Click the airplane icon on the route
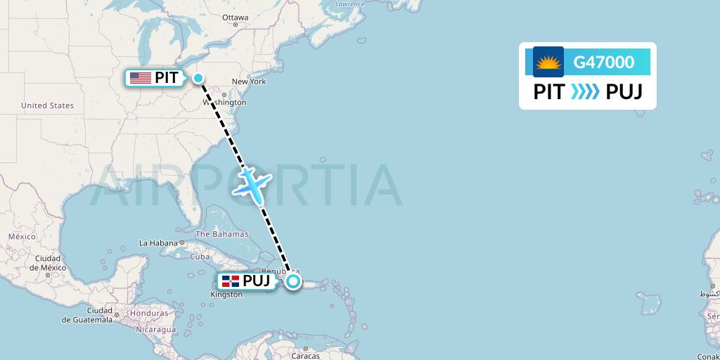pos(251,184)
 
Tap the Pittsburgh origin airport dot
pos(198,78)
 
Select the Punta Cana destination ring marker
pos(292,281)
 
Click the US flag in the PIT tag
pos(141,78)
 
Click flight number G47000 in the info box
pos(603,63)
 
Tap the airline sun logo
pos(548,63)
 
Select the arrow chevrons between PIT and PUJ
pos(585,92)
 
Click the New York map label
pos(249,82)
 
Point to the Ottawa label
pos(235,17)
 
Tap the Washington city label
pos(225,102)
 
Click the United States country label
pos(47,105)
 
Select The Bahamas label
pos(221,234)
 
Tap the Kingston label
pos(226,295)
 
